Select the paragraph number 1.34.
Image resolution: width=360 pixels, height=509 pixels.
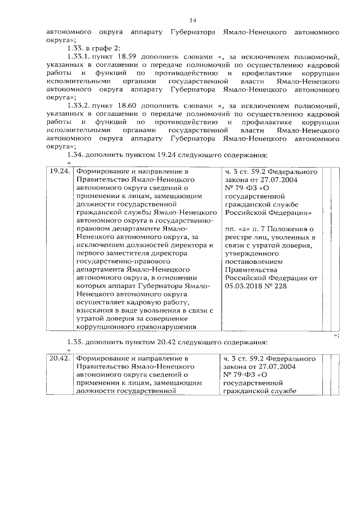pos(75,155)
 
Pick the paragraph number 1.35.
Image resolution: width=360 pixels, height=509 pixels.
pos(75,343)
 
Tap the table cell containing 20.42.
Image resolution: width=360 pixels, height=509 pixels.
pos(59,358)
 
